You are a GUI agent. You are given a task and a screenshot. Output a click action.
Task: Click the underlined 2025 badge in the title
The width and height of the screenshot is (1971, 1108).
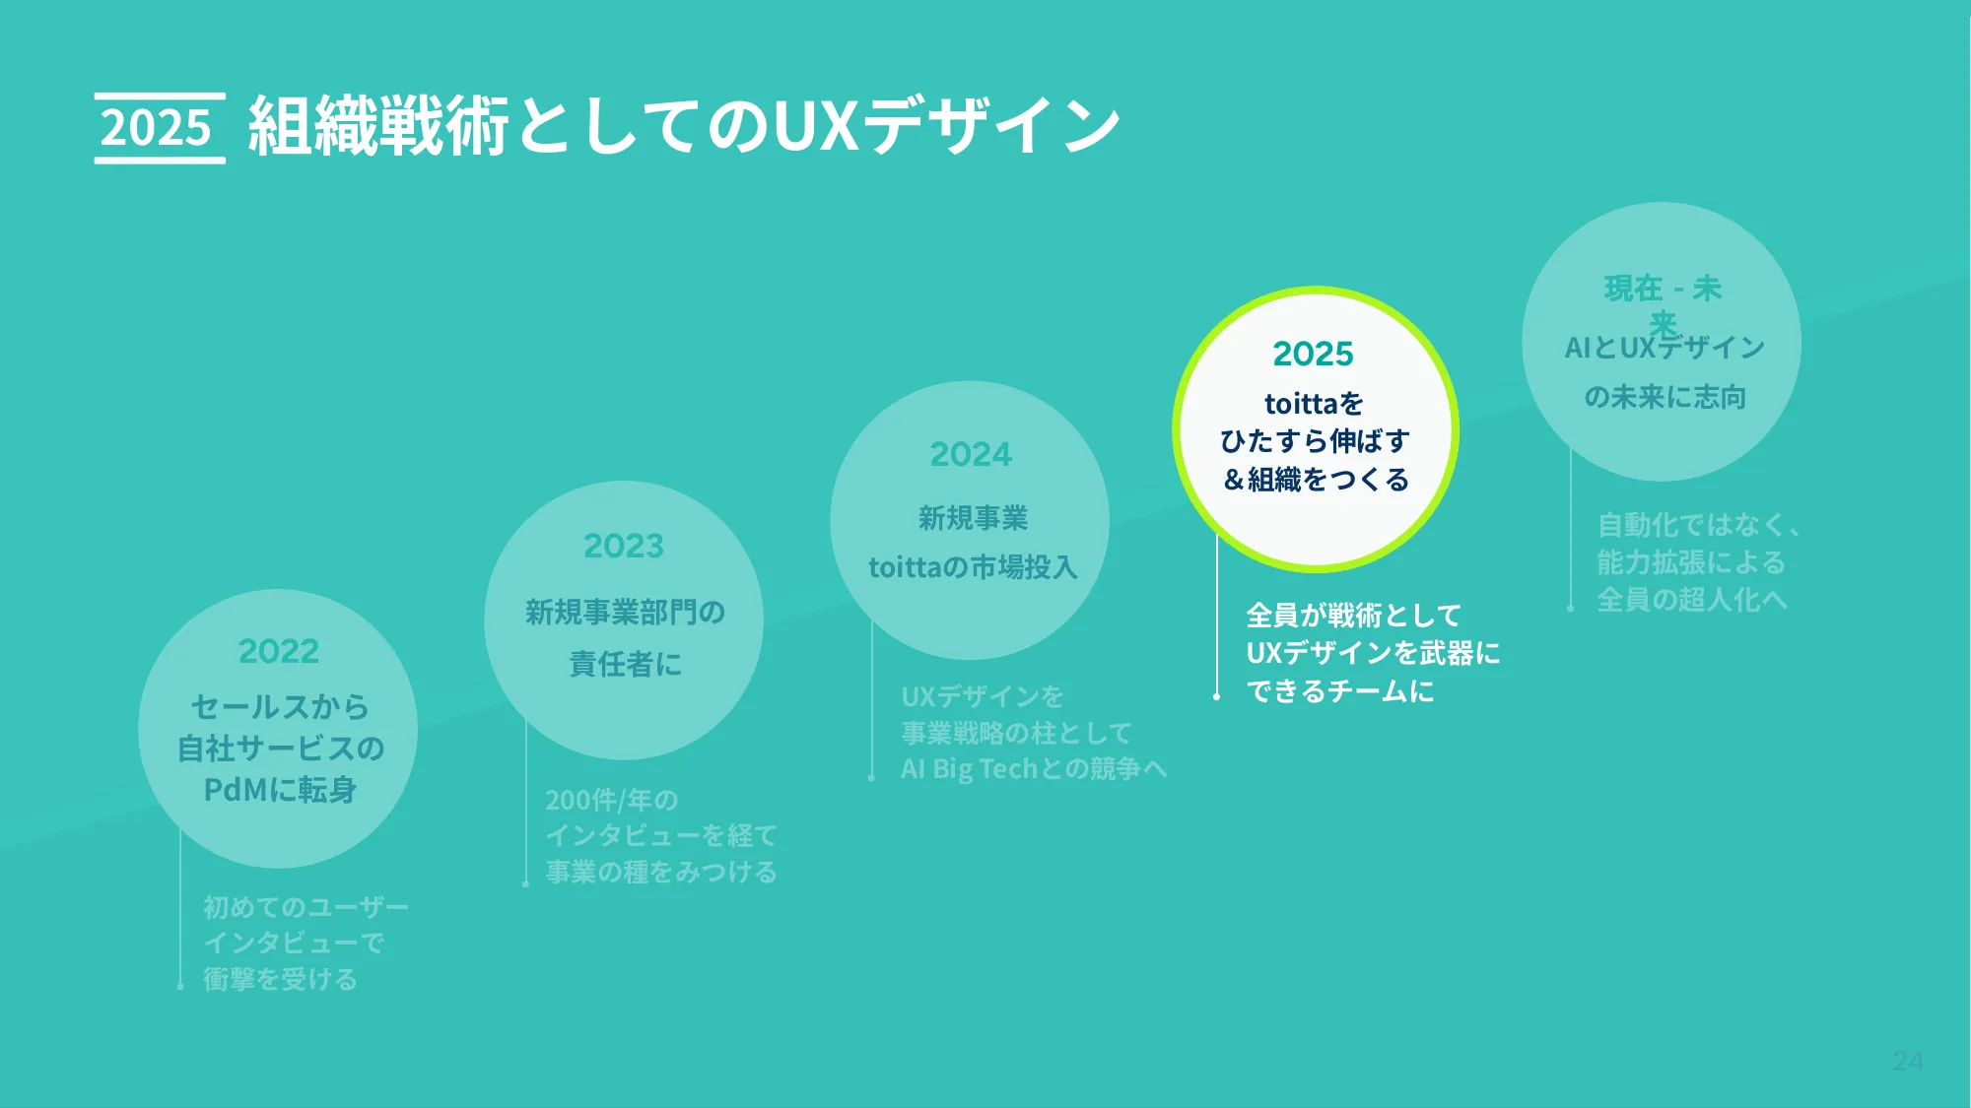pos(158,128)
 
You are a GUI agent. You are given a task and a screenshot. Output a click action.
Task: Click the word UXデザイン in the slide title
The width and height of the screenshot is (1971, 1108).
pos(946,126)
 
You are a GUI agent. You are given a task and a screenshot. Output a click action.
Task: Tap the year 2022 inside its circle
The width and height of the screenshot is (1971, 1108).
pos(279,651)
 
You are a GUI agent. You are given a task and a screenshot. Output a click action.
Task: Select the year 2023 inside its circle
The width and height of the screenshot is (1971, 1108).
pos(624,546)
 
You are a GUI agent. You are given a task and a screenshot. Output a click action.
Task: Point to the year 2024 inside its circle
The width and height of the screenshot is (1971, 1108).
pos(971,454)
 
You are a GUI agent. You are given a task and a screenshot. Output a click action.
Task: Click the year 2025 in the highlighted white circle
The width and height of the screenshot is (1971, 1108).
pos(1314,354)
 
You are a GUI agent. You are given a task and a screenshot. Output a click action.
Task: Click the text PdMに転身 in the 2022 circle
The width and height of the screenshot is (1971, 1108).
pos(280,790)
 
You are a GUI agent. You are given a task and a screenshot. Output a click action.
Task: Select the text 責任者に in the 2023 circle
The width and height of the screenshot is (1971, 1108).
pos(625,664)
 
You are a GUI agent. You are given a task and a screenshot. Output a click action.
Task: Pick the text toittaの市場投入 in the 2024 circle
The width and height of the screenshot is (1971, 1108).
pos(973,567)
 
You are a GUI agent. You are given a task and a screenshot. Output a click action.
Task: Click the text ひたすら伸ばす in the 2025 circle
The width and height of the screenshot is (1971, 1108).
pos(1315,441)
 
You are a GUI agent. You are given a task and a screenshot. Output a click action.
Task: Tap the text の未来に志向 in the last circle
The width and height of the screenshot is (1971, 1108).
pos(1665,397)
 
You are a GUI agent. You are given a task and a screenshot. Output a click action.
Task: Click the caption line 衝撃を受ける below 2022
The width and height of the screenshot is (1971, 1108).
pos(280,979)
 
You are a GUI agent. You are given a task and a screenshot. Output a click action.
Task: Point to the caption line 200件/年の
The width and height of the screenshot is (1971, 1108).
pos(612,800)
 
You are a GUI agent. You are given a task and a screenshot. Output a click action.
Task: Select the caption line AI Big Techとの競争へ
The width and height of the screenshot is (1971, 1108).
pos(1033,768)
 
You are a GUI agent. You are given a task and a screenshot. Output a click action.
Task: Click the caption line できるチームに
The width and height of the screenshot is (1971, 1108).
pos(1339,691)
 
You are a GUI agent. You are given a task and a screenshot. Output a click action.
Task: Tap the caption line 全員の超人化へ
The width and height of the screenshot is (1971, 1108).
pos(1691,600)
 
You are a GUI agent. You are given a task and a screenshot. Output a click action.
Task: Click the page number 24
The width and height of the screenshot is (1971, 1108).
pos(1907,1061)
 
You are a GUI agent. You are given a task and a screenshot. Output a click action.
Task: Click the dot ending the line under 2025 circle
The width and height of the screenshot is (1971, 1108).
pos(1217,696)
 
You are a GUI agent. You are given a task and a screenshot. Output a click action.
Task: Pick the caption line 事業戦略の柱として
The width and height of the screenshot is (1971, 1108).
pos(1016,733)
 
